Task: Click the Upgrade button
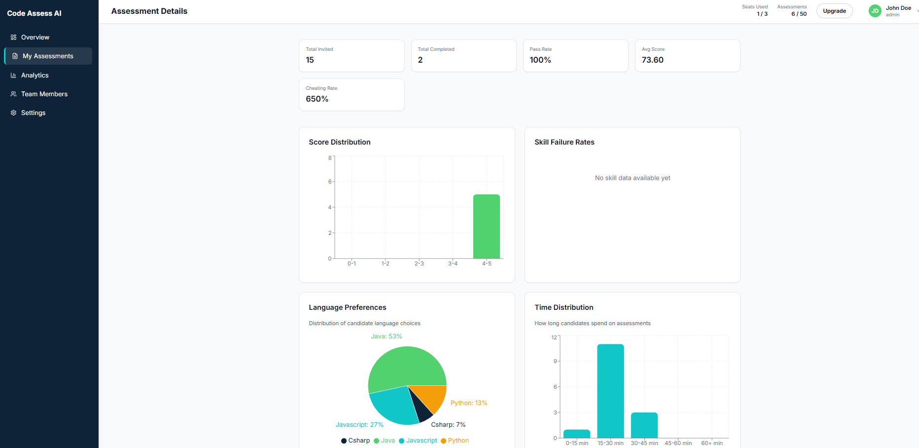pyautogui.click(x=834, y=11)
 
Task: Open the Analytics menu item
pyautogui.click(x=35, y=75)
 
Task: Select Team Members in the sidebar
pyautogui.click(x=44, y=94)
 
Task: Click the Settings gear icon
pyautogui.click(x=13, y=112)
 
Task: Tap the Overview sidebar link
pyautogui.click(x=35, y=37)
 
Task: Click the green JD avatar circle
pyautogui.click(x=875, y=11)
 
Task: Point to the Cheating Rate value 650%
pyautogui.click(x=317, y=99)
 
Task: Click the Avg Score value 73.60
pyautogui.click(x=652, y=60)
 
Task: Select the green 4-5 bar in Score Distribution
pyautogui.click(x=486, y=226)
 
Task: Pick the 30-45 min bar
pyautogui.click(x=644, y=425)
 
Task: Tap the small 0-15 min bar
pyautogui.click(x=576, y=434)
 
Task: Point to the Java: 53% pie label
pyautogui.click(x=386, y=336)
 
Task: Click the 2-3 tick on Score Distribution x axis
pyautogui.click(x=419, y=263)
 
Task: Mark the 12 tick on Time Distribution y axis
pyautogui.click(x=554, y=337)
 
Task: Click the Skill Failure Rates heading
pyautogui.click(x=564, y=142)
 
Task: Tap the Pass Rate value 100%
pyautogui.click(x=540, y=60)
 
